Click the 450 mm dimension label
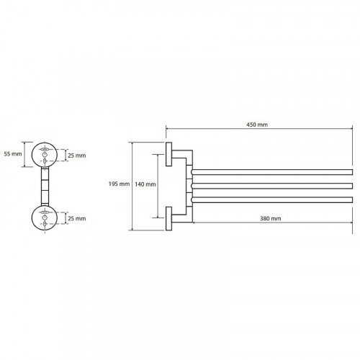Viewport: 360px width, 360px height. (257, 125)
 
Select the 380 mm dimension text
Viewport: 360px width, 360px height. (270, 218)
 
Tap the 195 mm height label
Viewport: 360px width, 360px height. (119, 184)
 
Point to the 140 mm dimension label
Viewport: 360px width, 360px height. (145, 184)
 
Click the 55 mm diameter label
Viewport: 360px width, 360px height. (13, 154)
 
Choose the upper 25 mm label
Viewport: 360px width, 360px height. (77, 156)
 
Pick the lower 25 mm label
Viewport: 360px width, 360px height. (77, 219)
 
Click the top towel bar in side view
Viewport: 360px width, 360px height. (272, 172)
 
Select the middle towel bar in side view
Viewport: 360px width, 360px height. (272, 186)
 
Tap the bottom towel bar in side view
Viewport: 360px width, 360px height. (272, 199)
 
